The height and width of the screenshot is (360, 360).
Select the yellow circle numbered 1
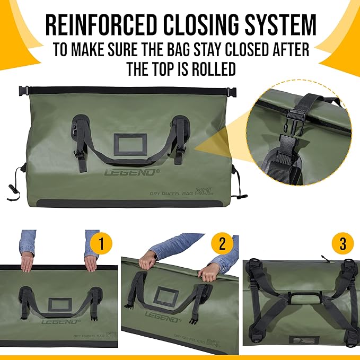(x=101, y=244)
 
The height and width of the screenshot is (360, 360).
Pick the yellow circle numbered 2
(x=222, y=244)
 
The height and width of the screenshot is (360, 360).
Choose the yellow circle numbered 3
(x=343, y=244)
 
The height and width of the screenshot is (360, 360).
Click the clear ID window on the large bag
(x=129, y=144)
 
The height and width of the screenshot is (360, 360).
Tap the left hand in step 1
(x=27, y=261)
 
